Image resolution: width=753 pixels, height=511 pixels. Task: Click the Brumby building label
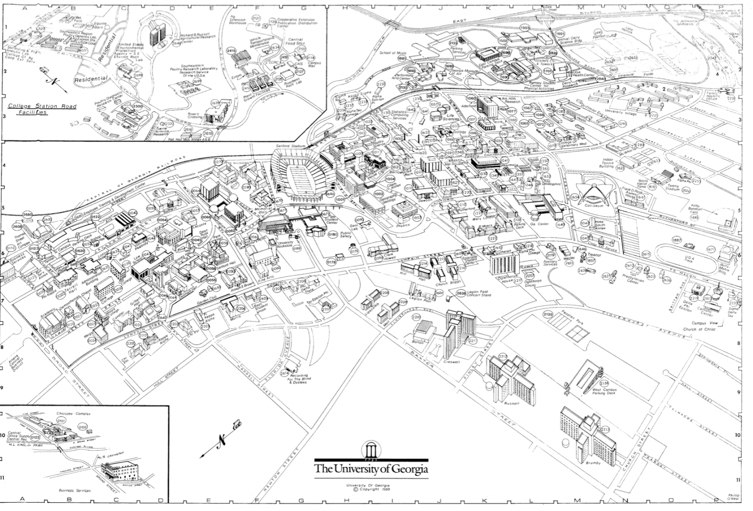coord(593,462)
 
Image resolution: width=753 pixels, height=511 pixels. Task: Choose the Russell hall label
coord(511,404)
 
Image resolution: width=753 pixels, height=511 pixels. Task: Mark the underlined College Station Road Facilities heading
coord(42,109)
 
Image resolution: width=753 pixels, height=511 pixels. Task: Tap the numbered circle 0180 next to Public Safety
coord(333,234)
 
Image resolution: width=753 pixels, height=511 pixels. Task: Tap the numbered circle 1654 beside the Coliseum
coord(575,197)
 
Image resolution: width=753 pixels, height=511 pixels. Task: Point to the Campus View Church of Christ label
coord(704,326)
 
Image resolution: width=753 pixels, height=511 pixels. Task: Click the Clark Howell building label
coord(389,256)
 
